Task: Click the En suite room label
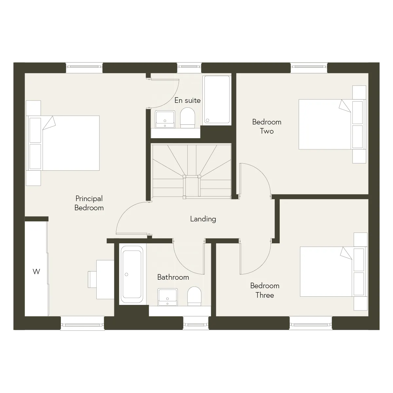click(187, 100)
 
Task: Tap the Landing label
click(203, 219)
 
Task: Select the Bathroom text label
click(173, 277)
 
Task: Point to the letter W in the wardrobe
click(36, 271)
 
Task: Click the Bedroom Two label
click(267, 126)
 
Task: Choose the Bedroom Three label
click(265, 290)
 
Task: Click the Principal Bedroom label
click(89, 203)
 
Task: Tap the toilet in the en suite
click(188, 118)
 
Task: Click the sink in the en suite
click(165, 119)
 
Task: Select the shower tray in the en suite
click(217, 100)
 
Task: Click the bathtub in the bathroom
click(132, 274)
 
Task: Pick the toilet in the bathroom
click(194, 296)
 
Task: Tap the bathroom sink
click(168, 297)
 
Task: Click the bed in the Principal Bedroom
click(63, 143)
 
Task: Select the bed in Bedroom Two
click(332, 124)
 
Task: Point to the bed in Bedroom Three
click(334, 271)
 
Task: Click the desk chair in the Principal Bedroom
click(92, 279)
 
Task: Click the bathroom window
click(196, 323)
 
